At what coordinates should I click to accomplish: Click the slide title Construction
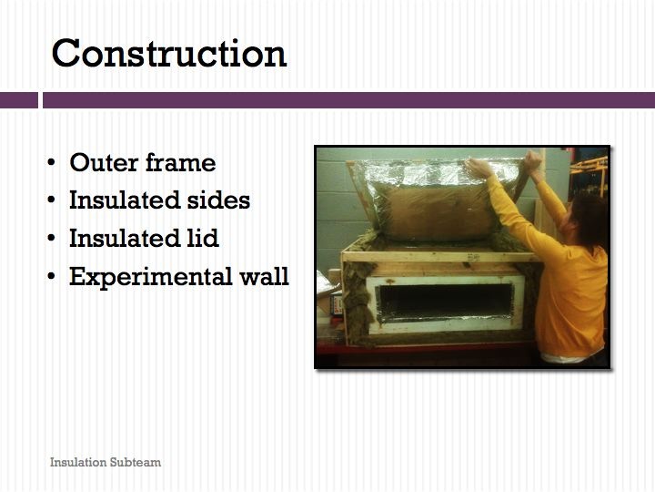(169, 53)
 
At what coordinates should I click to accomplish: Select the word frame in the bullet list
(180, 162)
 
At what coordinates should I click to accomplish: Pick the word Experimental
(150, 277)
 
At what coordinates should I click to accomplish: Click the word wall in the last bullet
(264, 276)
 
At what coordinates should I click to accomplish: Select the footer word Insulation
(78, 462)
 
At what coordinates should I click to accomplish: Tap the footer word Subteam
(136, 462)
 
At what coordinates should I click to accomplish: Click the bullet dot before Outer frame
(51, 162)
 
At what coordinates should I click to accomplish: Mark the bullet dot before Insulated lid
(51, 238)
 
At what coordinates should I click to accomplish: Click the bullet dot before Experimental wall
(51, 276)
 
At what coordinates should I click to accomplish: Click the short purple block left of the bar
(19, 100)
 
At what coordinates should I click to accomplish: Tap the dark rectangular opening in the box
(446, 301)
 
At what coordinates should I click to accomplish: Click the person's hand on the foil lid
(479, 168)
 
